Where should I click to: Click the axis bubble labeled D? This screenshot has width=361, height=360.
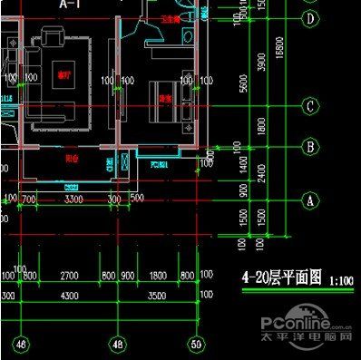click(x=310, y=18)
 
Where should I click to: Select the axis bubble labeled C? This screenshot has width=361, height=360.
click(x=310, y=107)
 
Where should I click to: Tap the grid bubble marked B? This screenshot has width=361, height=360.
click(x=310, y=145)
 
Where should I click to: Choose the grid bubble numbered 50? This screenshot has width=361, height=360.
click(x=196, y=344)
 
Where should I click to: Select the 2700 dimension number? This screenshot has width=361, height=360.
click(x=69, y=275)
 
